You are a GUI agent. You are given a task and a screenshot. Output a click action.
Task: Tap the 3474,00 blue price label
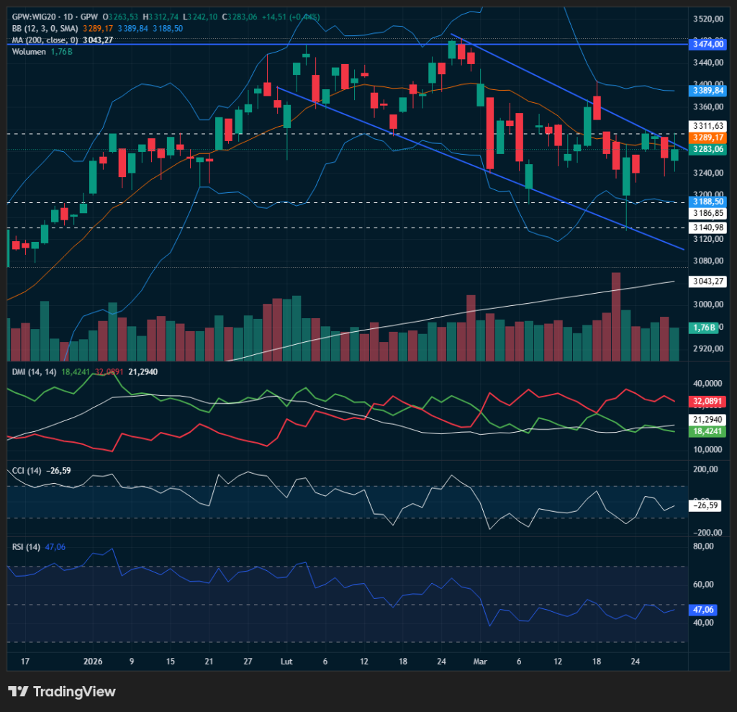point(707,45)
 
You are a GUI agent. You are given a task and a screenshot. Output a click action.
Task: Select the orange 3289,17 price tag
point(707,137)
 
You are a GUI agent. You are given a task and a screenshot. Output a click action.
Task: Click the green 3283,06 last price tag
point(707,149)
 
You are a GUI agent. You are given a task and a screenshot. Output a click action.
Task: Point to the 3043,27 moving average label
point(707,281)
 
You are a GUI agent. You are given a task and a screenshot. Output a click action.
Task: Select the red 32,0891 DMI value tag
point(707,401)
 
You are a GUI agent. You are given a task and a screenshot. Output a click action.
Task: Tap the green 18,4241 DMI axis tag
point(707,431)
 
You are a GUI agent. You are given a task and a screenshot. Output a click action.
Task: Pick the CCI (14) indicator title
point(27,471)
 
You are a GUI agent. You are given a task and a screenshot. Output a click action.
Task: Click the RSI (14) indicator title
point(27,547)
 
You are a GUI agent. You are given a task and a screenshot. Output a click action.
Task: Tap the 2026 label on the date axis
point(94,661)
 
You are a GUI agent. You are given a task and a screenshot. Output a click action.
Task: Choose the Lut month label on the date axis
point(286,661)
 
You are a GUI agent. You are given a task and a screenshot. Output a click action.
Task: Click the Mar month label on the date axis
point(480,661)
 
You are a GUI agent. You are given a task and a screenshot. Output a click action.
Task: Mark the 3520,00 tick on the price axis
point(707,19)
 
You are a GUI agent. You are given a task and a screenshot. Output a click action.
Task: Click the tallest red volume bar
point(615,317)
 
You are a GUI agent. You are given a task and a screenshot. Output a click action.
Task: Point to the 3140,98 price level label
point(707,227)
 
